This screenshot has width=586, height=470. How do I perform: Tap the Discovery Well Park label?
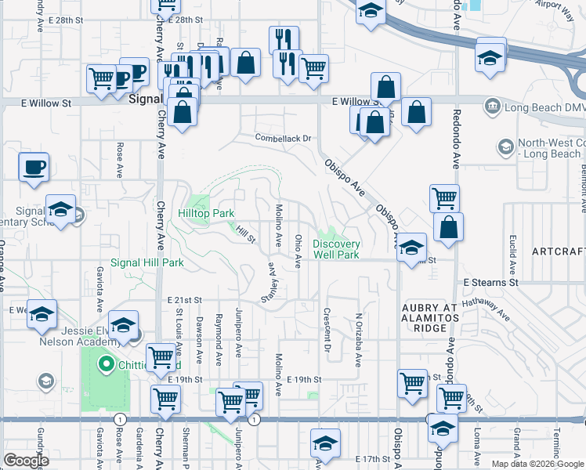[x=336, y=249]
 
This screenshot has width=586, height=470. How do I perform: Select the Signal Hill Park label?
[x=146, y=262]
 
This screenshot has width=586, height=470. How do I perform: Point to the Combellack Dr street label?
[x=283, y=138]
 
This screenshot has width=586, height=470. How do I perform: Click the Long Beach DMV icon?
[x=493, y=105]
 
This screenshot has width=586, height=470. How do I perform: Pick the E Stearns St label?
[x=490, y=281]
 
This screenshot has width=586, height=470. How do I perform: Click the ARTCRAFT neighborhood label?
[x=558, y=251]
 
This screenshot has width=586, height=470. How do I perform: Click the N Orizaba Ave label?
[x=358, y=341]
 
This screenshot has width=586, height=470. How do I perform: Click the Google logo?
[x=26, y=461]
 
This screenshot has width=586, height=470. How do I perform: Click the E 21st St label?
[x=185, y=300]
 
